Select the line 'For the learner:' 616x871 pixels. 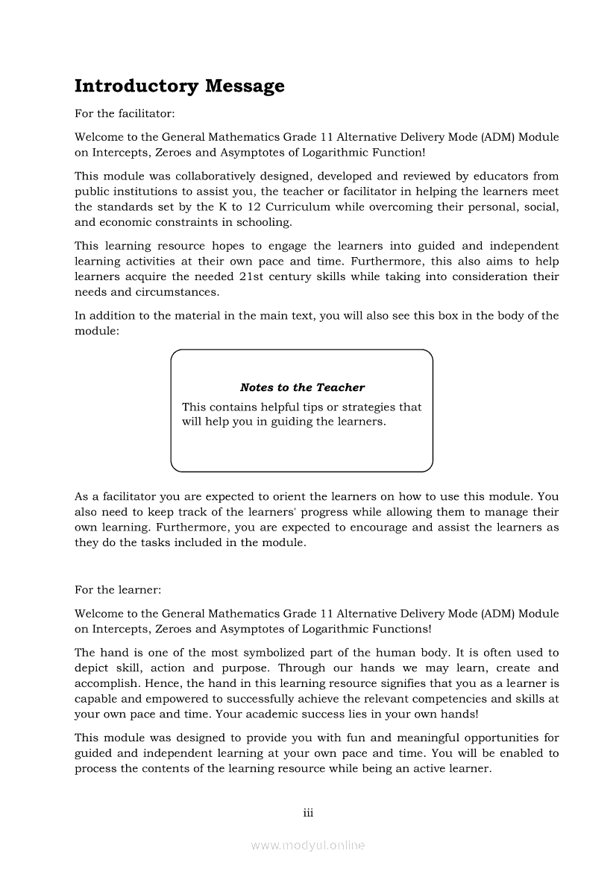pos(118,589)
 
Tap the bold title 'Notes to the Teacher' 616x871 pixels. pos(302,387)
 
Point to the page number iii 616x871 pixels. pos(308,813)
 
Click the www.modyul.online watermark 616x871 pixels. pos(308,846)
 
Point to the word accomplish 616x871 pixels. pos(104,683)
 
